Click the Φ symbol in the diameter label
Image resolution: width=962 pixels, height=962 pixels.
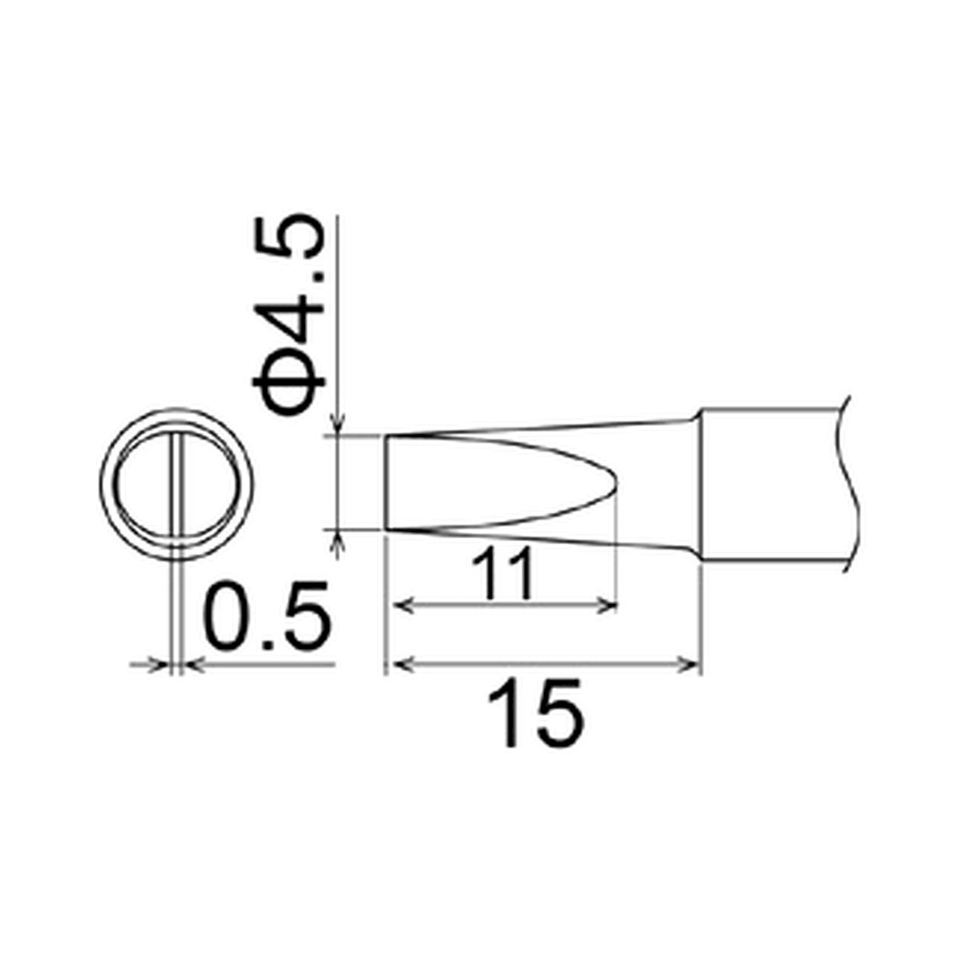[289, 388]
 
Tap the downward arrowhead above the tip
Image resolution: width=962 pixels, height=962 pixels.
[338, 429]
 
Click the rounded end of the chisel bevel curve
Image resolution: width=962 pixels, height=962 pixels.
[617, 484]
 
